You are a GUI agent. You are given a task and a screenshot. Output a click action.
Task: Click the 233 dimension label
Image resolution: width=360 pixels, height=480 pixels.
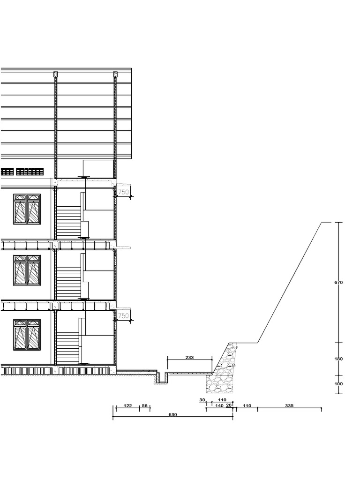tap(189, 357)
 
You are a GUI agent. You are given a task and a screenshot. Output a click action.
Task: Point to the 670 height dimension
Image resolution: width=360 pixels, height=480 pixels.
tap(339, 283)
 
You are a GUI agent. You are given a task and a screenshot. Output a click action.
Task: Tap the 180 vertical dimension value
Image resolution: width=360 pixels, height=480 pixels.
tap(339, 359)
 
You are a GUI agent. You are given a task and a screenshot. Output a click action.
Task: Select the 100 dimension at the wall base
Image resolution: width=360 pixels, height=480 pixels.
tap(339, 384)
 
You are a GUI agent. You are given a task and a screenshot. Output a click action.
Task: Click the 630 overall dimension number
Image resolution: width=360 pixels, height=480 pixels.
tap(172, 414)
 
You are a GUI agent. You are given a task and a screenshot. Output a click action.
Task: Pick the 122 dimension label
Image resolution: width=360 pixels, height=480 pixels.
tap(127, 405)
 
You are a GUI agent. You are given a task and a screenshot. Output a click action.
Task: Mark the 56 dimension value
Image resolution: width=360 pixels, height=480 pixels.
tap(144, 405)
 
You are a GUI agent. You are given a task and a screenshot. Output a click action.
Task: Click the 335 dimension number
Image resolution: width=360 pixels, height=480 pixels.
tap(289, 405)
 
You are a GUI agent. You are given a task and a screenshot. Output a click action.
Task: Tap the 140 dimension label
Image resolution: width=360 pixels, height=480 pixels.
tap(219, 405)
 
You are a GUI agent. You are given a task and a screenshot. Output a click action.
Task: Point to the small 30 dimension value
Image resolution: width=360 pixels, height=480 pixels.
tap(202, 400)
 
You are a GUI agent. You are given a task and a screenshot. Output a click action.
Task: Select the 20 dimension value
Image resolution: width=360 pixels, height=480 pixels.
tap(229, 405)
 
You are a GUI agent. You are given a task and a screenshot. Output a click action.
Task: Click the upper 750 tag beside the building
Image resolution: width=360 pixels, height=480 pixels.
tap(123, 192)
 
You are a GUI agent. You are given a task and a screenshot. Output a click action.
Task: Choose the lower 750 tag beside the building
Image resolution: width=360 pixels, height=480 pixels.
tap(123, 316)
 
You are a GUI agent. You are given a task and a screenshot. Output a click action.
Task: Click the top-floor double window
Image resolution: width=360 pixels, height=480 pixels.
tap(27, 209)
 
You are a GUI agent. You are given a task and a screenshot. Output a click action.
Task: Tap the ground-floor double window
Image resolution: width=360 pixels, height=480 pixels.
tap(27, 335)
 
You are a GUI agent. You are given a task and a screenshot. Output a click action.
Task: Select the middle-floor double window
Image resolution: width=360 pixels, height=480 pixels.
tap(27, 270)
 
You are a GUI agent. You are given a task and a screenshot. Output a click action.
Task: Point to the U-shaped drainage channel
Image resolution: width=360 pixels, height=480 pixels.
tap(162, 378)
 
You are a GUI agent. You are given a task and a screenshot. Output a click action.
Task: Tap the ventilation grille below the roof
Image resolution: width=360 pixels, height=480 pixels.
tap(23, 172)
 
